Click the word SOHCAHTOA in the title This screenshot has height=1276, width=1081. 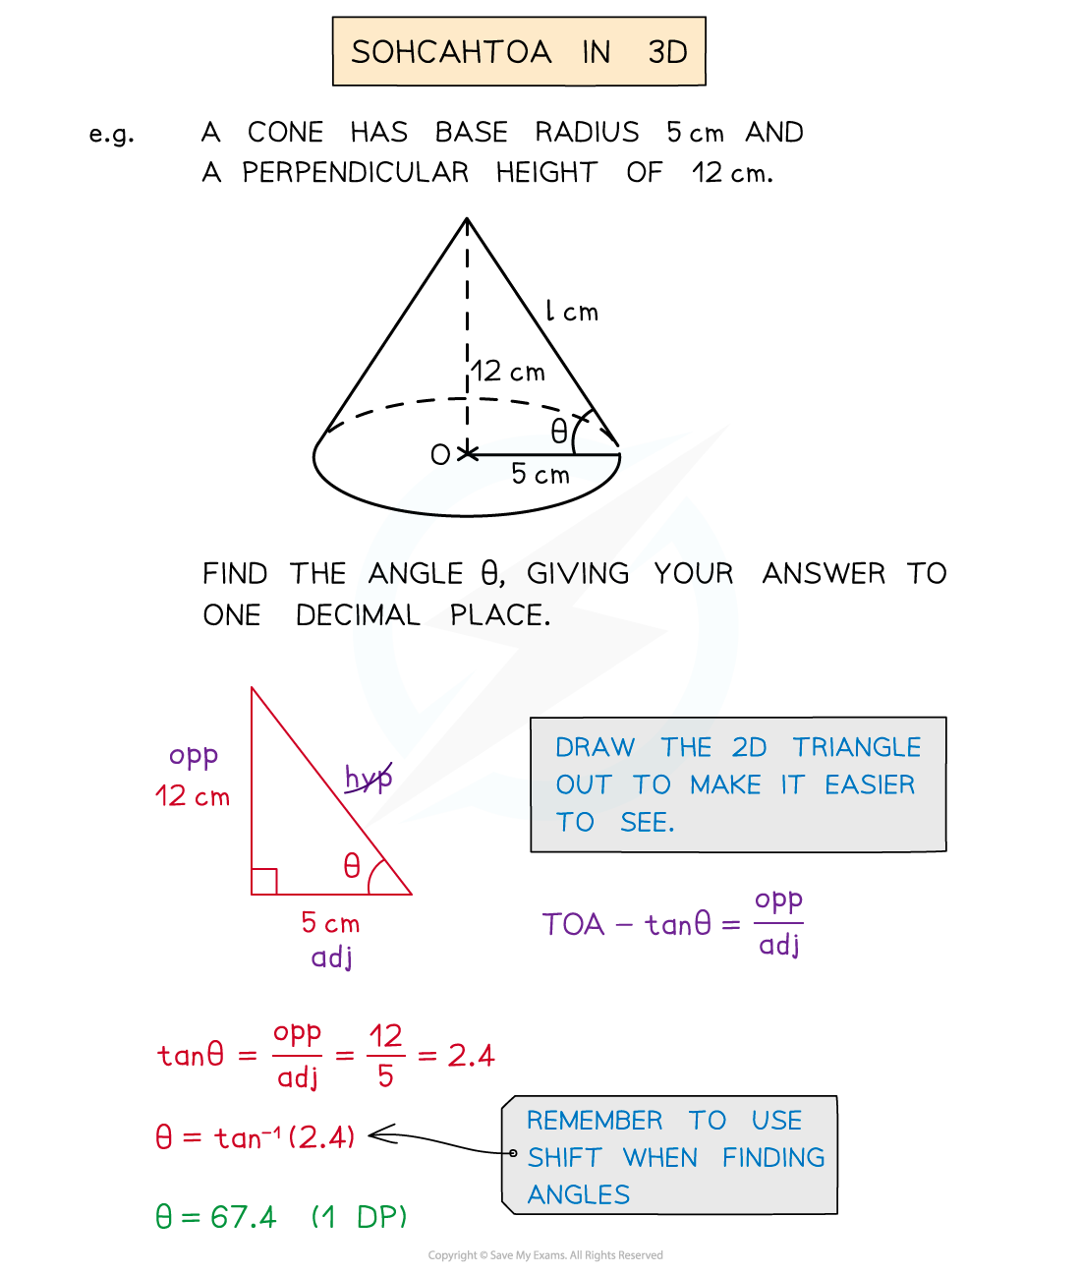coord(451,52)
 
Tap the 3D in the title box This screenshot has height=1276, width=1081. coord(667,52)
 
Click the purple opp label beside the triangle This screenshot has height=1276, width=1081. coord(194,756)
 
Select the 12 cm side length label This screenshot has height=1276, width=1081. coord(193,796)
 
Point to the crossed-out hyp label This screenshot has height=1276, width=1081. coord(369,779)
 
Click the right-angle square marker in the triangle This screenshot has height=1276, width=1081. coord(264,882)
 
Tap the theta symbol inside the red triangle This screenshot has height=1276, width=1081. coord(352,866)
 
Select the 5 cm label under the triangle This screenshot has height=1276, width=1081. coord(330,923)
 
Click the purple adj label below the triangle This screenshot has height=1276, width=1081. coord(331,957)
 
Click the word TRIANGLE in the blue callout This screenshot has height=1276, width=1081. coord(857,748)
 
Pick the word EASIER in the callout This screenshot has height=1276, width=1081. coord(870,785)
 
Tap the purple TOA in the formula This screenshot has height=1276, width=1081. coord(573,925)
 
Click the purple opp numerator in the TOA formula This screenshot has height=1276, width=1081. coord(778,900)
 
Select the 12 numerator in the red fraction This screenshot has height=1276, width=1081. coord(385,1036)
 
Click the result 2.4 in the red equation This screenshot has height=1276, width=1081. coord(471,1056)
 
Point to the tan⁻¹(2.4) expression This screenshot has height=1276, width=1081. coord(285,1137)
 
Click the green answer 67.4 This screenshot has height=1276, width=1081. coord(243,1218)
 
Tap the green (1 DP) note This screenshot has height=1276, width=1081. coord(359,1218)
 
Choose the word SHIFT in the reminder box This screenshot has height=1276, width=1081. coord(564,1158)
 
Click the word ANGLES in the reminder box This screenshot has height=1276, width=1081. coord(579,1195)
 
